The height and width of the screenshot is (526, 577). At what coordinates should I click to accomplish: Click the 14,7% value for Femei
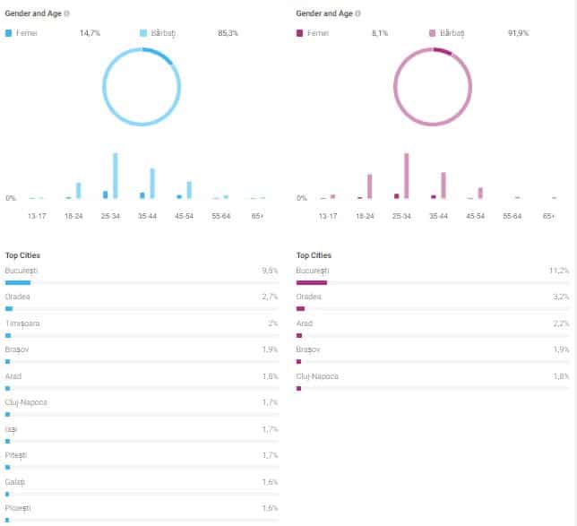[x=90, y=33]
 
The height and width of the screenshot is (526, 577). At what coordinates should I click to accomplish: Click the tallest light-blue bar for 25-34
[x=116, y=176]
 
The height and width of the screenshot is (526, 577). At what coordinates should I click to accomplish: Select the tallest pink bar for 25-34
[x=406, y=176]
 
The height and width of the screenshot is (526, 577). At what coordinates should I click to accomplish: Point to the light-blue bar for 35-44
[x=152, y=183]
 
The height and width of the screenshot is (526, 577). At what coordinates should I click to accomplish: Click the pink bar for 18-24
[x=369, y=185]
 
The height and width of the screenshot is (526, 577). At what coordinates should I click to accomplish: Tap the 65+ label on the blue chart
[x=257, y=216]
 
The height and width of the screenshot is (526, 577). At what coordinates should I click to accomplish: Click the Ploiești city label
[x=18, y=508]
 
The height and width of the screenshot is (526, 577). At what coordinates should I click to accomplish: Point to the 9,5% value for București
[x=270, y=270]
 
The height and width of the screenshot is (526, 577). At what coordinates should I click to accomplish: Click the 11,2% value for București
[x=560, y=270]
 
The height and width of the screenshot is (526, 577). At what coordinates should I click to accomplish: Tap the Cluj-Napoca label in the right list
[x=317, y=376]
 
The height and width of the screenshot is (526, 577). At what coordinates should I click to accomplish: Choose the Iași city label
[x=12, y=429]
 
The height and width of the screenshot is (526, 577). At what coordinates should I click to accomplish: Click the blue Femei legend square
[x=9, y=33]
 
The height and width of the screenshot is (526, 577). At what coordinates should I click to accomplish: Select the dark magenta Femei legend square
[x=299, y=33]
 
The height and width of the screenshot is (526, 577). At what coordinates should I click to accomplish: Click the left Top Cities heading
[x=22, y=255]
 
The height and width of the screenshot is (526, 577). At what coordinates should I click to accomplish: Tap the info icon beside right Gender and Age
[x=358, y=13]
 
